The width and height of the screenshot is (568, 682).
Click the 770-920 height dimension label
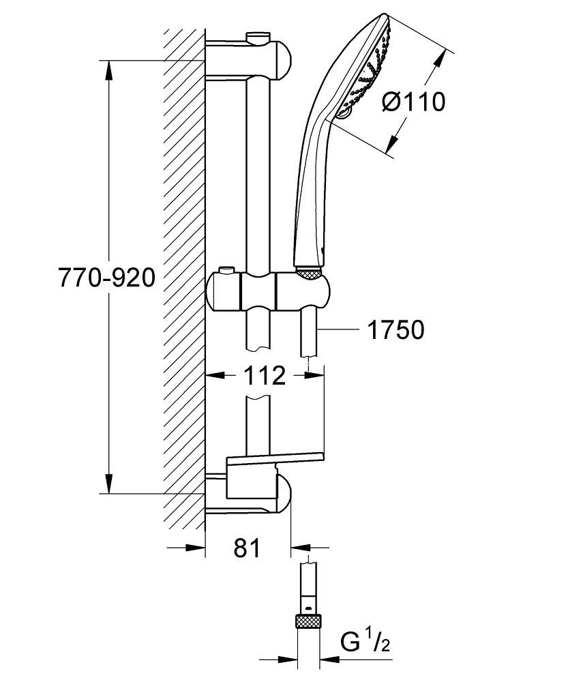tap(107, 278)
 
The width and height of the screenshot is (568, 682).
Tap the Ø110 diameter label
tap(413, 102)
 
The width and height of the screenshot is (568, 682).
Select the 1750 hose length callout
tap(395, 330)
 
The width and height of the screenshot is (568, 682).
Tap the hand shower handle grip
tap(310, 191)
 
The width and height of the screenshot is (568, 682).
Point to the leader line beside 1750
tap(338, 330)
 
